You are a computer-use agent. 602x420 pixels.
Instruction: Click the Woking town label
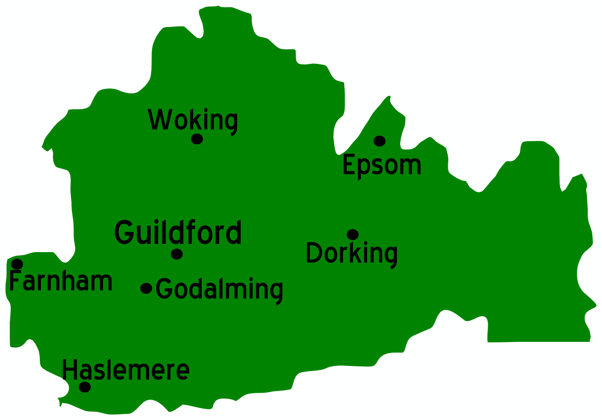pos(193,120)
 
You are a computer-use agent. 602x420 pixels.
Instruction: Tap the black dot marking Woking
pos(197,139)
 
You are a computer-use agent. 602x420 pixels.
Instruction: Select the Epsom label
pos(382,165)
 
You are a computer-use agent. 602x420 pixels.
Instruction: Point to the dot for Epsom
pos(379,141)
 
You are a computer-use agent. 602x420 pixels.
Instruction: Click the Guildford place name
pos(178,233)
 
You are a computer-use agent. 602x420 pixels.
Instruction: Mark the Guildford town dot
pos(177,254)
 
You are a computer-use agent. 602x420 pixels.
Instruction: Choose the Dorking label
pos(351,254)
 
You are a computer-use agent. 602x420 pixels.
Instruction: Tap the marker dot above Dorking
pos(353,234)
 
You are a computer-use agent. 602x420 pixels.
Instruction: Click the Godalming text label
pos(220,289)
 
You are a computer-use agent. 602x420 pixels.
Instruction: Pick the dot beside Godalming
pos(147,288)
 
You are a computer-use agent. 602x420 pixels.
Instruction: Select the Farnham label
pos(61,281)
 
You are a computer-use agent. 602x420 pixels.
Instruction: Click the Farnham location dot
pos(17,264)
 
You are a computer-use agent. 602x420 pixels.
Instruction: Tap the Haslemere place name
pos(126,370)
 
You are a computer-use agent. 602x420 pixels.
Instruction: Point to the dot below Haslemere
pos(85,387)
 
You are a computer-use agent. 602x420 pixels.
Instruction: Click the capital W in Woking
pos(158,119)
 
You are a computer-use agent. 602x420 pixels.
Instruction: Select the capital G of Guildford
pos(124,232)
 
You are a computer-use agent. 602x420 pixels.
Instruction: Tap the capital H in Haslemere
pos(69,370)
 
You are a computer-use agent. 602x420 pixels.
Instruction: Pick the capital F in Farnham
pos(15,281)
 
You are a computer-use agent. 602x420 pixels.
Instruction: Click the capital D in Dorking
pos(314,253)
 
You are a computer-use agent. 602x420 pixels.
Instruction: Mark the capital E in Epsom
pos(349,165)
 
